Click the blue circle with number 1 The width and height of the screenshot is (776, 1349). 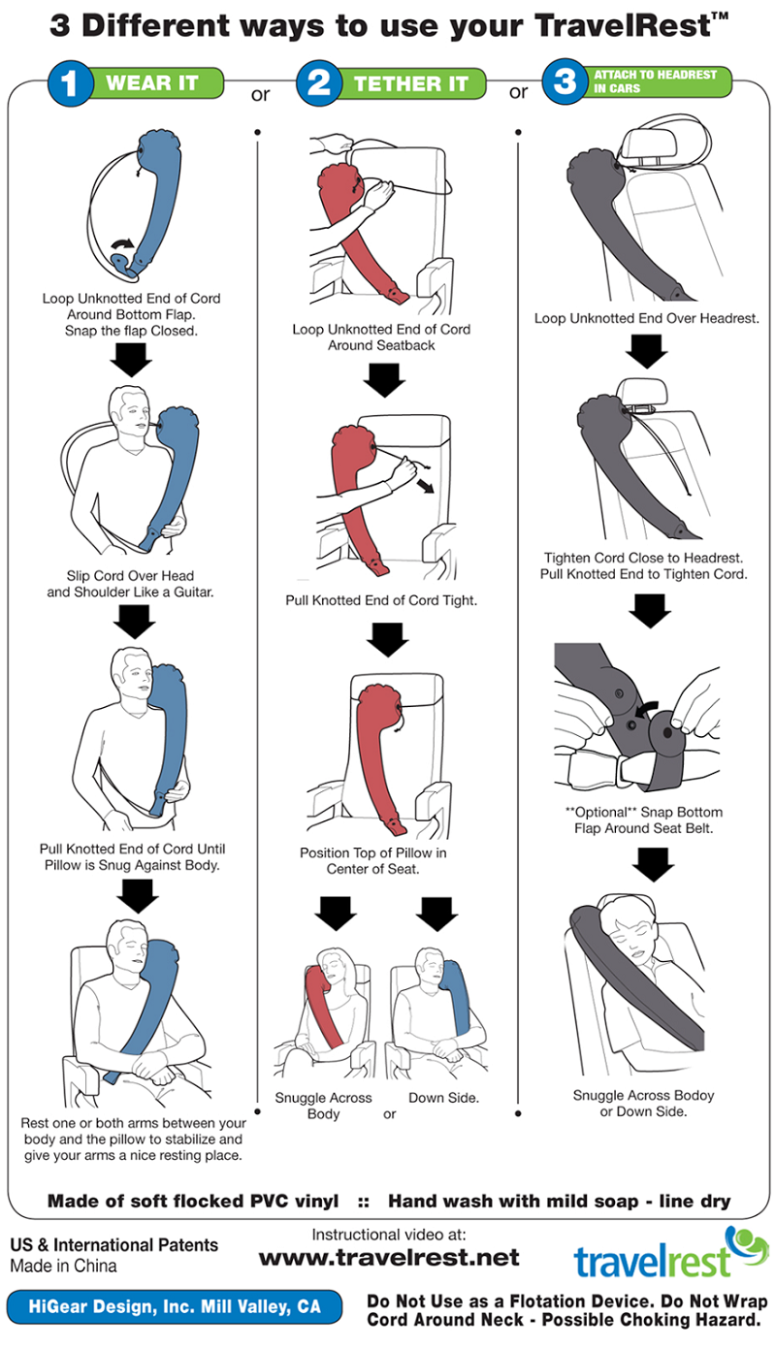69,82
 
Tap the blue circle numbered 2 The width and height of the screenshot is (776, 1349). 319,82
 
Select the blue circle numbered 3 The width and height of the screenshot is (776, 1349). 566,82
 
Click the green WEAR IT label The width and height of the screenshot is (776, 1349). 152,83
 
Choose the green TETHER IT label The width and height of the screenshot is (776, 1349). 411,84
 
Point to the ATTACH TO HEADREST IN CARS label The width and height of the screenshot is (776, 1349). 655,82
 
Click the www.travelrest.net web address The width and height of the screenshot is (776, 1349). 389,1258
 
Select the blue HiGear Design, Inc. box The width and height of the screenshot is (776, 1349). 175,1307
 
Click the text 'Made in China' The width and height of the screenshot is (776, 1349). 63,1266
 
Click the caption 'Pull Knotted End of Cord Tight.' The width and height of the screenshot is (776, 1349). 380,600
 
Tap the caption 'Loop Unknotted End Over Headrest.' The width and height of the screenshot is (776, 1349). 646,318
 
